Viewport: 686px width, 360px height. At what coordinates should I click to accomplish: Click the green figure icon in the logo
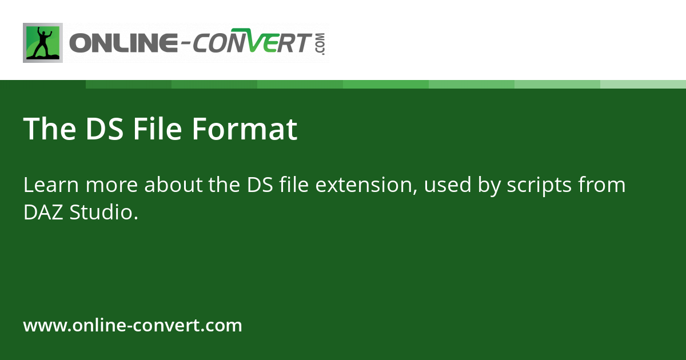43,43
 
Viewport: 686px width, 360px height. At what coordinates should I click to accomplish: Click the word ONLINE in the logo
122,44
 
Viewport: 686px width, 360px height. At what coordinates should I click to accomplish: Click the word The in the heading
50,129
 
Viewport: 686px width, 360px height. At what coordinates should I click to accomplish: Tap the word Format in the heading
244,129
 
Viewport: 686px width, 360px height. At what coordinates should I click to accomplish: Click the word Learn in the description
47,185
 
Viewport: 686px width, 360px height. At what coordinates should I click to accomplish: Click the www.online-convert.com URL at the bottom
133,326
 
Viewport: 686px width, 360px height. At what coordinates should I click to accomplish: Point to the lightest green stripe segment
643,84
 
